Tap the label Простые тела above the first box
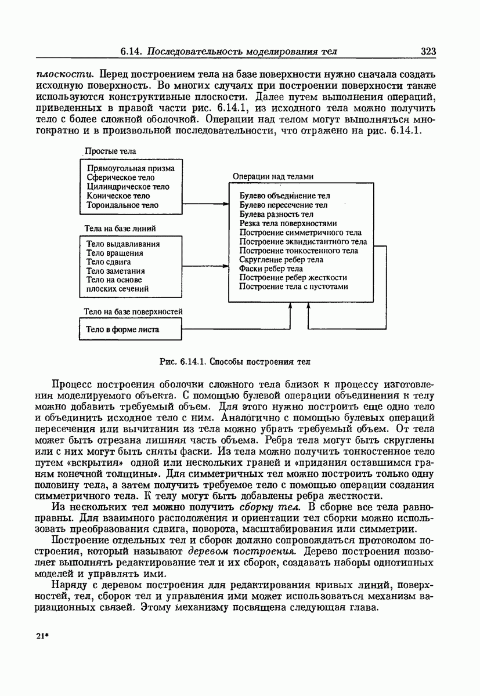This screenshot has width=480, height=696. coord(110,151)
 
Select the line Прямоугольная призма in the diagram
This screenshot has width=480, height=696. coord(130,168)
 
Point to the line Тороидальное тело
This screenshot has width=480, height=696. coord(122,205)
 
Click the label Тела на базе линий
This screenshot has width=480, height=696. coord(120,229)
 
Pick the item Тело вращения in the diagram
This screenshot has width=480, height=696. coord(114,253)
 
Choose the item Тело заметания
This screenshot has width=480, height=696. coord(116,271)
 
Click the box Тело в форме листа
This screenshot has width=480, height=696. coord(122,329)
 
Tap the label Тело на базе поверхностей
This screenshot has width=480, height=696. coord(133,311)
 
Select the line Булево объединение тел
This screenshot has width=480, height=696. coord(284,196)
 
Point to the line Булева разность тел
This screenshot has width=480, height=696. coord(276,214)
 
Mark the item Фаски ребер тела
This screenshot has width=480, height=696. coord(270,269)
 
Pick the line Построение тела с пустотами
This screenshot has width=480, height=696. coord(293,287)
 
